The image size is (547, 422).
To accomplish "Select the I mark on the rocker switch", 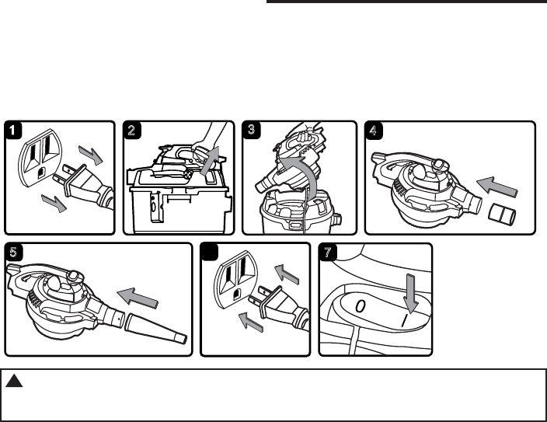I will tap(404, 319).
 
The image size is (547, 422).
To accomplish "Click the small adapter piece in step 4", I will tap(506, 212).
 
